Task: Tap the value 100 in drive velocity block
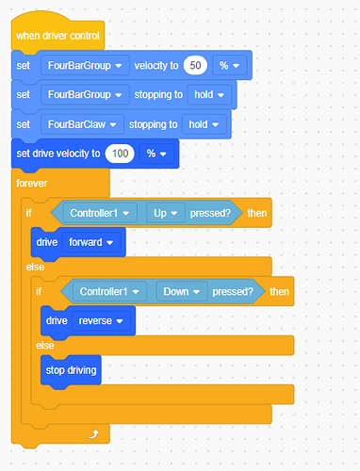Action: [118, 153]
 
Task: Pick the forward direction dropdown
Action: [95, 241]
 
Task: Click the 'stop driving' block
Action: [72, 369]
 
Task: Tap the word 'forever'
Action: [34, 183]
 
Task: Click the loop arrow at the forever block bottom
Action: [91, 433]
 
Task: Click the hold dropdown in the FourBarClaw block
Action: [205, 124]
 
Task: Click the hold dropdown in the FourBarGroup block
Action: [211, 95]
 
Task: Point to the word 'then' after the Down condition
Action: [279, 292]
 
